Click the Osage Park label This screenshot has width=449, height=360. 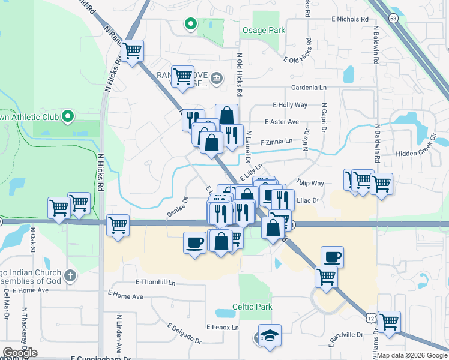click(x=263, y=30)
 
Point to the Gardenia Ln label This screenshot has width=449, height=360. click(x=309, y=88)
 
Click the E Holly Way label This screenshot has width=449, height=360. click(x=289, y=105)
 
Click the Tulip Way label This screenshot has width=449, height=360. click(x=310, y=183)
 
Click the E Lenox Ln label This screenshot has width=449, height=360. click(x=222, y=328)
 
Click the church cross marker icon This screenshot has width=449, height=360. click(x=70, y=276)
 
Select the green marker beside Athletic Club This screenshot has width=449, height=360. click(x=67, y=116)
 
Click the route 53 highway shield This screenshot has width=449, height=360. click(x=393, y=19)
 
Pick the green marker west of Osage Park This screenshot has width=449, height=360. click(x=191, y=24)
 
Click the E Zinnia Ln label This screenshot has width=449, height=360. click(x=276, y=142)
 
